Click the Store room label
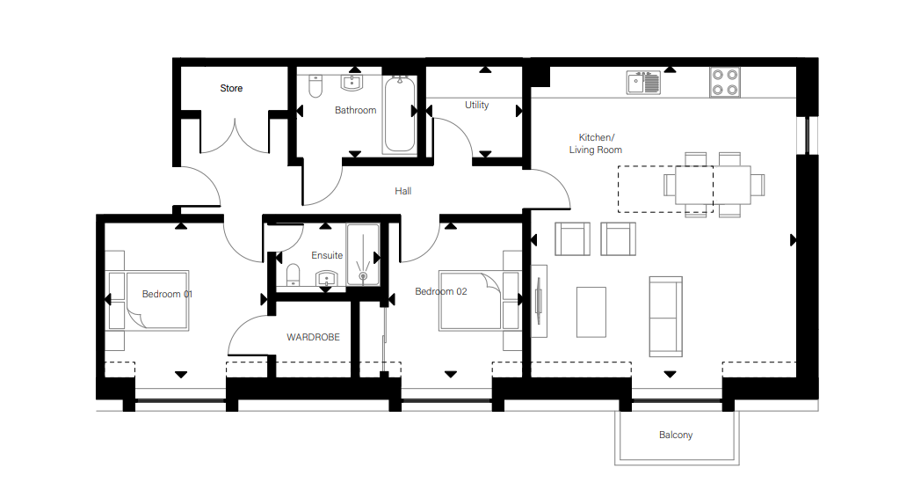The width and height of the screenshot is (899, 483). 231,89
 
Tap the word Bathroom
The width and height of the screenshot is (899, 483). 356,110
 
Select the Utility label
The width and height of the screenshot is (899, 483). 476,105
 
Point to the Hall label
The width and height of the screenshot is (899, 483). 403,191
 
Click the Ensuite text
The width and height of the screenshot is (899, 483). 327,255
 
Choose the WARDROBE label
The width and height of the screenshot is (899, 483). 313,337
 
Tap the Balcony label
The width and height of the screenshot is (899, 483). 676,435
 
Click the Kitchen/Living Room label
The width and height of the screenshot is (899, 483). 596,143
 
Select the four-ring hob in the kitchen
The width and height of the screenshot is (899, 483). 725,82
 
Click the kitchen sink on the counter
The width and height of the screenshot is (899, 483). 643,83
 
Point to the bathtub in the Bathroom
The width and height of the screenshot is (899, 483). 400,114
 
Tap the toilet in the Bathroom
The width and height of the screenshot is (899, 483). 315,85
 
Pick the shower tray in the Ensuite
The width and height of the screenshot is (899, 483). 363,254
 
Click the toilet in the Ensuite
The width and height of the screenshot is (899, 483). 293,275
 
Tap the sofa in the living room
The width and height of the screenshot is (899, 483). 665,317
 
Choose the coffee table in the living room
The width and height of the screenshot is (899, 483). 591,311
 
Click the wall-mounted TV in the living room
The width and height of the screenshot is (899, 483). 539,301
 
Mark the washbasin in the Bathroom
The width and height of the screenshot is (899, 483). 352,83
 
